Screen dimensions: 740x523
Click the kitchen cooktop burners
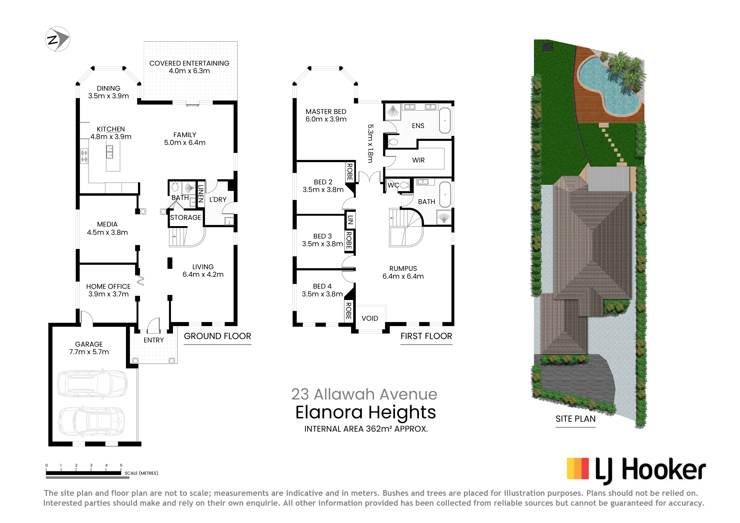[84, 156]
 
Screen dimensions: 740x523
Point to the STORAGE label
[186, 218]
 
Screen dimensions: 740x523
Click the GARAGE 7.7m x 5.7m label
[89, 348]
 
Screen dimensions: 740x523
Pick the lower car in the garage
[91, 421]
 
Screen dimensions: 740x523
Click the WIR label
[418, 160]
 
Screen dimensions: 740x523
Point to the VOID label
[370, 318]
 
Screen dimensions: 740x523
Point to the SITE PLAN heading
[576, 419]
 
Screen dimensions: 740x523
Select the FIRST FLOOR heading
[426, 336]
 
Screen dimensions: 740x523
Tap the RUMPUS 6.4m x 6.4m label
[403, 272]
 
